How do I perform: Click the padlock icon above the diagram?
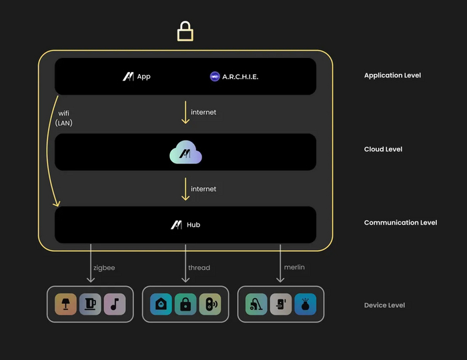185,31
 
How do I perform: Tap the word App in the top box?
143,77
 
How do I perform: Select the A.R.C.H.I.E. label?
241,77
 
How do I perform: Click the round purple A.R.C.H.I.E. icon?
215,77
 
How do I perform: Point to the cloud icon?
185,153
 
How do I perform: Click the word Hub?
193,225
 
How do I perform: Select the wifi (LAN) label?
65,118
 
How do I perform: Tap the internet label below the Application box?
203,113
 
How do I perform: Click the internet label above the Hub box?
203,189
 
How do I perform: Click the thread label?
199,268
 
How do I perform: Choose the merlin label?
294,268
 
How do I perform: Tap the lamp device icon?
65,305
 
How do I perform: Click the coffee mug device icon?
89,305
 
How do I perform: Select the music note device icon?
114,305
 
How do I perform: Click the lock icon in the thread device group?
185,305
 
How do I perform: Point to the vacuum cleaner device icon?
256,305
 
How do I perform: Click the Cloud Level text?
383,149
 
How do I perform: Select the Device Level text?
384,305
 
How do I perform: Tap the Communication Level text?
400,223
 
